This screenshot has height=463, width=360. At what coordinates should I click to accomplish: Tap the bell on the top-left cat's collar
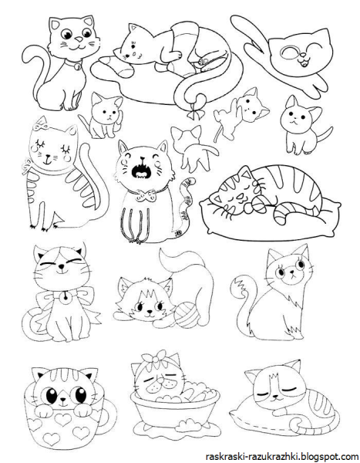(x=76, y=66)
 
